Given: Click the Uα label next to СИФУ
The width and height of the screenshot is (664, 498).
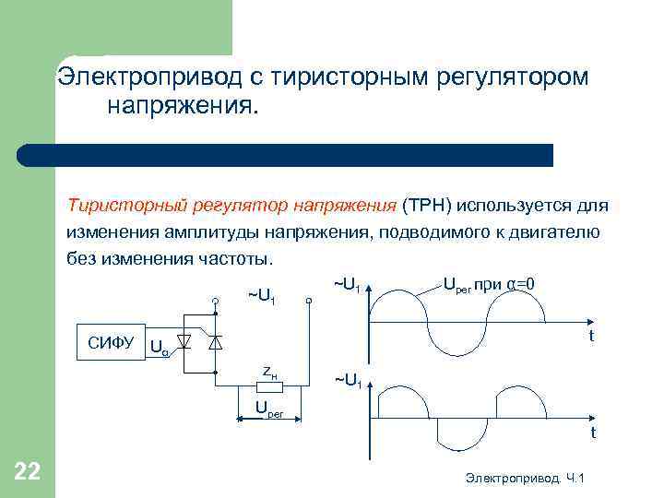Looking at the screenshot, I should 159,349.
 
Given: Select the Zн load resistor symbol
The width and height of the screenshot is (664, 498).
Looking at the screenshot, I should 268,387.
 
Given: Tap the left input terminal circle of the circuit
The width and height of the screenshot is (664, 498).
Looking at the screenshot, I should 213,300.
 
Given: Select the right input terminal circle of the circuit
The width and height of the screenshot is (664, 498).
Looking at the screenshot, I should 310,300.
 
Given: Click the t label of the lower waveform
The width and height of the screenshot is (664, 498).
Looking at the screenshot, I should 593,433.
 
